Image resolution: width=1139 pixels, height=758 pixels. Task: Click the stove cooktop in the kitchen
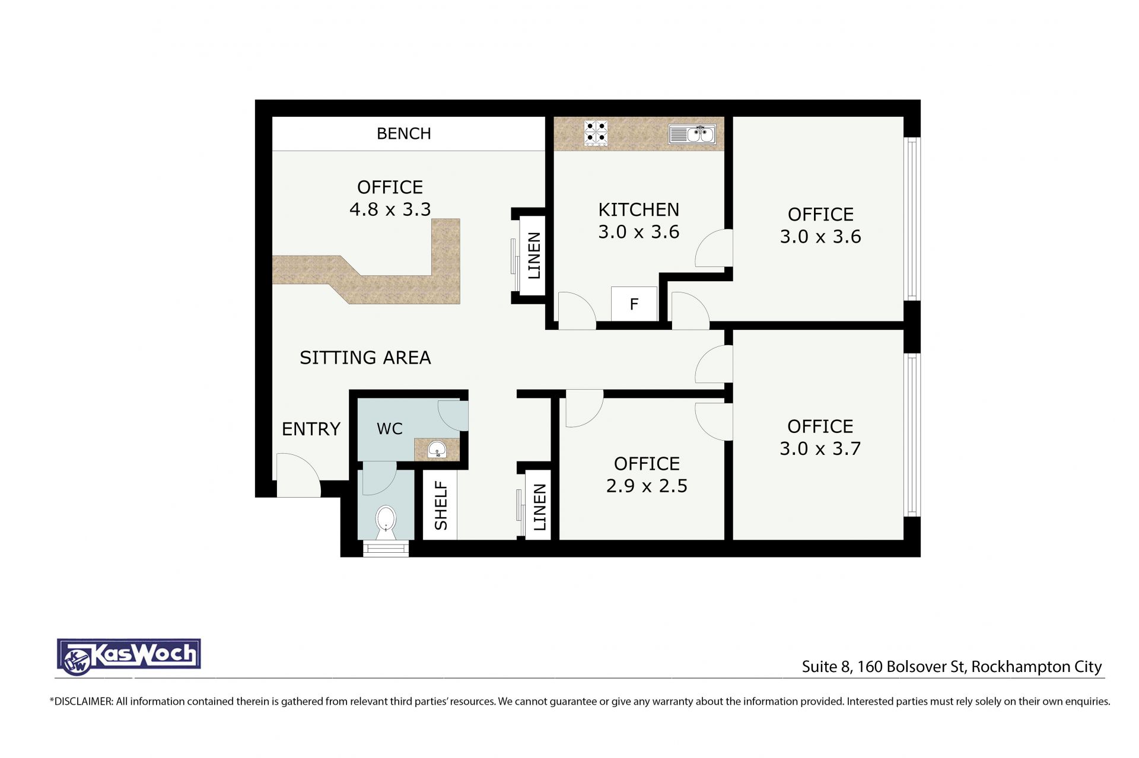pyautogui.click(x=596, y=133)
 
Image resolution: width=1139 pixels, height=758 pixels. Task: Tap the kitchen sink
pyautogui.click(x=692, y=135)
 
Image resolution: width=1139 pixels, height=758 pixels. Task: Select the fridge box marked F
pyautogui.click(x=634, y=304)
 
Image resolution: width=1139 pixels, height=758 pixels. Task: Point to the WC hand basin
pyautogui.click(x=437, y=449)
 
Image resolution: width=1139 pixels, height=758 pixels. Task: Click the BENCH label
pyautogui.click(x=404, y=133)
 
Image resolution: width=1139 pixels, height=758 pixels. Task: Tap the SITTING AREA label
pyautogui.click(x=365, y=358)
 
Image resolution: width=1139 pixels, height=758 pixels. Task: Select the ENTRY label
pyautogui.click(x=311, y=429)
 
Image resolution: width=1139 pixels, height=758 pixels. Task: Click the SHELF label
pyautogui.click(x=441, y=505)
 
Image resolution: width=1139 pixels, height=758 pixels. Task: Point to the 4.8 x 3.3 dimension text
pyautogui.click(x=390, y=209)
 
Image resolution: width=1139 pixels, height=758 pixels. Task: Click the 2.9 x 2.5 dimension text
pyautogui.click(x=647, y=486)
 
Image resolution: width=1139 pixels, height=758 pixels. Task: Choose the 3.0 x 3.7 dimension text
pyautogui.click(x=820, y=448)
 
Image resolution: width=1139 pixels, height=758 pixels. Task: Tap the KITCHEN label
pyautogui.click(x=639, y=209)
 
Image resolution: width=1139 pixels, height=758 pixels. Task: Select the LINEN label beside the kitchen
pyautogui.click(x=534, y=256)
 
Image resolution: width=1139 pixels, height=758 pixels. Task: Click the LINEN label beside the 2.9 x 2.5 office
pyautogui.click(x=539, y=507)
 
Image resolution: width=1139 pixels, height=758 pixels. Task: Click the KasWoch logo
pyautogui.click(x=129, y=657)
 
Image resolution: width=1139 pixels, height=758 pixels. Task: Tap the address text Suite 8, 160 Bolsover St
pyautogui.click(x=883, y=667)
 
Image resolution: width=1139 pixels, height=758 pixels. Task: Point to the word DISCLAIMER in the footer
pyautogui.click(x=83, y=702)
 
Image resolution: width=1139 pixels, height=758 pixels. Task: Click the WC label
pyautogui.click(x=389, y=429)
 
